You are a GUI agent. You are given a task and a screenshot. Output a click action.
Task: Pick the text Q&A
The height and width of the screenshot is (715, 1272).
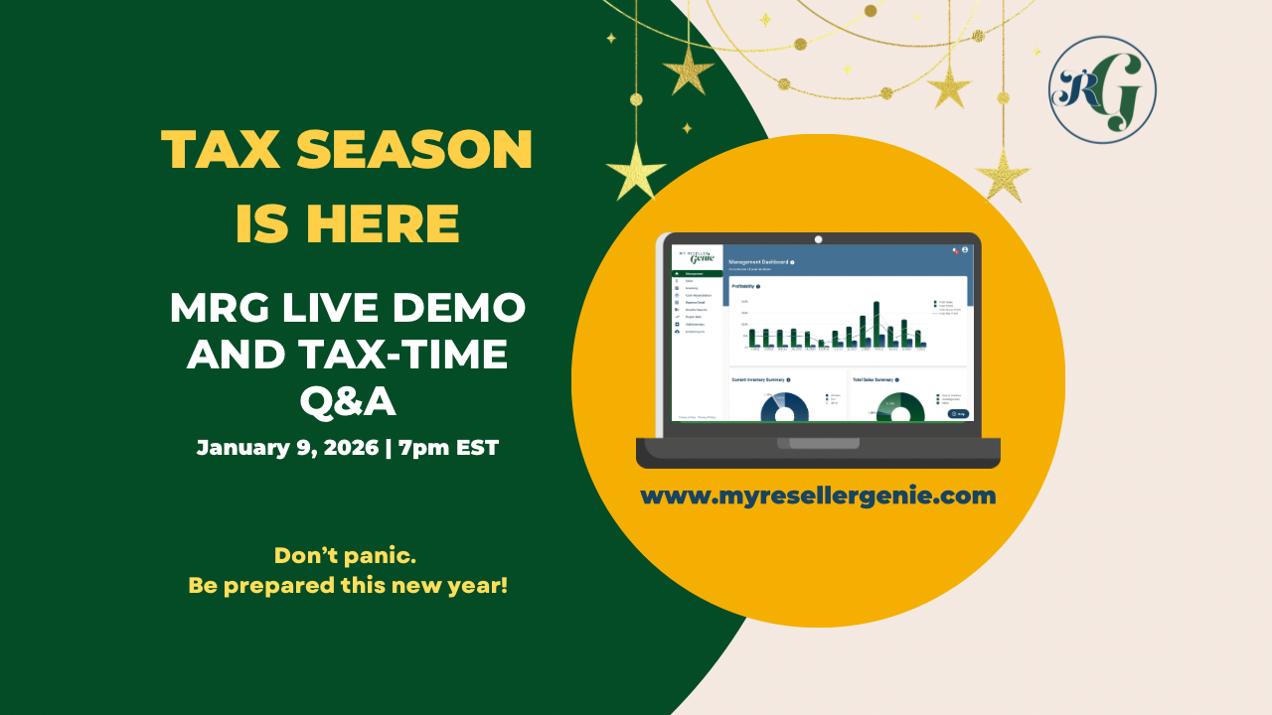pos(348,401)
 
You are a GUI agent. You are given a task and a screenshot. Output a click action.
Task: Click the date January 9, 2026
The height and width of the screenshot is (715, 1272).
pos(287,447)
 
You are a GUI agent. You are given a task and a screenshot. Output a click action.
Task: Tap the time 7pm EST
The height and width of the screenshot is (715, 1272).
pos(448,447)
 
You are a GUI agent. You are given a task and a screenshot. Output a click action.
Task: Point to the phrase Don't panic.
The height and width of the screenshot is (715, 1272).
pos(345,555)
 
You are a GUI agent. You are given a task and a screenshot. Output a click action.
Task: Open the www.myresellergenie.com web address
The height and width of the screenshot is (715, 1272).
pos(817,495)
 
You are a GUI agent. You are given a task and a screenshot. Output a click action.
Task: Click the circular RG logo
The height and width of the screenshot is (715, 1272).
pos(1102,90)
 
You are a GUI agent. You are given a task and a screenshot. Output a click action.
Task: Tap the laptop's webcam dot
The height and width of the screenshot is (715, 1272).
pos(818,239)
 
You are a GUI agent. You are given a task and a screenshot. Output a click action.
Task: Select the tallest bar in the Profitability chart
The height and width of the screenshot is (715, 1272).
pos(875,324)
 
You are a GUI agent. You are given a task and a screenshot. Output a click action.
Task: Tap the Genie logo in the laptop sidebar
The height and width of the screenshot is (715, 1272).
pos(697,257)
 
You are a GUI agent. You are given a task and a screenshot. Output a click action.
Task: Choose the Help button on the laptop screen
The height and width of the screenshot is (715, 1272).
pos(958,413)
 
